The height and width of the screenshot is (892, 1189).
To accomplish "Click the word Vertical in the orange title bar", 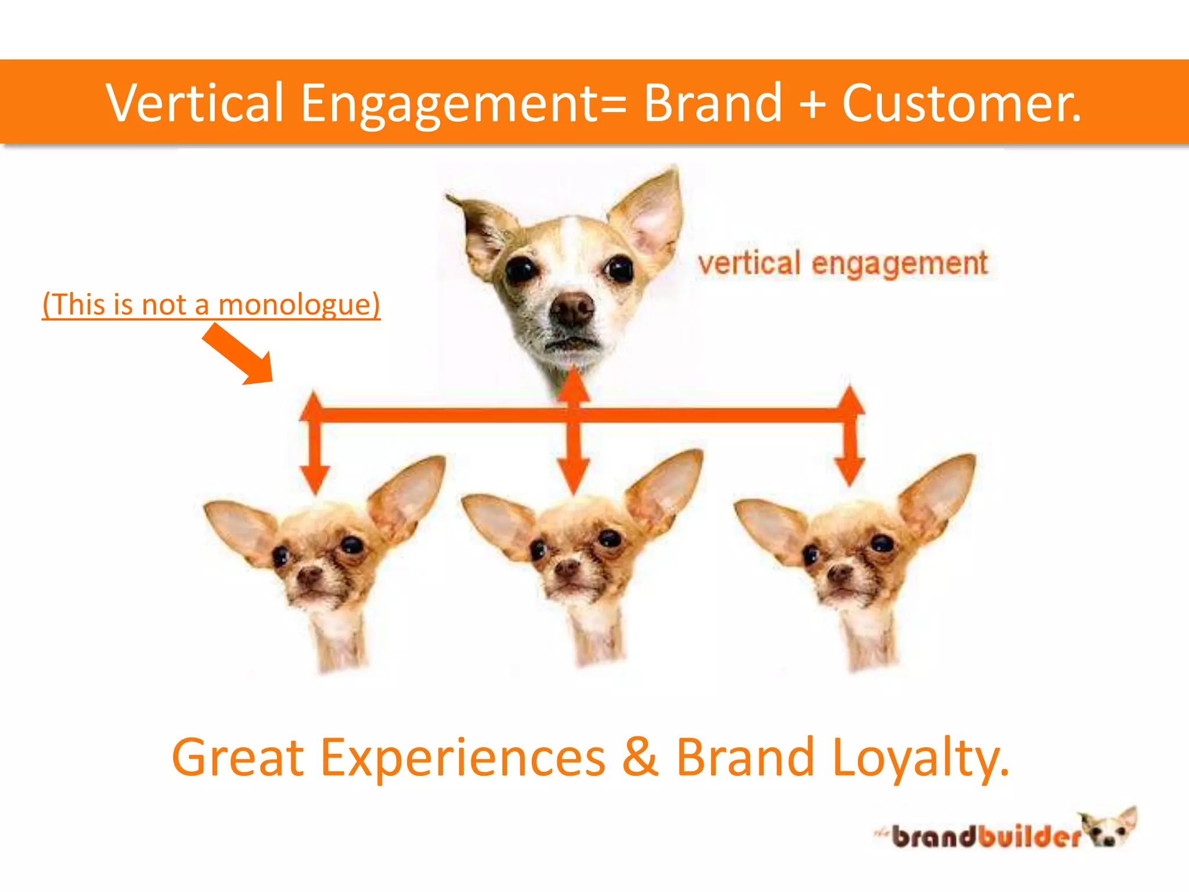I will (194, 103).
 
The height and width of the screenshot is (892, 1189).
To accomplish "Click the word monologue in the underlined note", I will (298, 304).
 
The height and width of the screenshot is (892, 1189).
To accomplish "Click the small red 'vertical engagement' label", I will (842, 264).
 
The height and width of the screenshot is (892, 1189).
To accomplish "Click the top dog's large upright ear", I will (650, 215).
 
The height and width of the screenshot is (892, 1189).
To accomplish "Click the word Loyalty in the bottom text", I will (920, 758).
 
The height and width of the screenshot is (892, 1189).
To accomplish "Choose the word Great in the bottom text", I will (238, 758).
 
